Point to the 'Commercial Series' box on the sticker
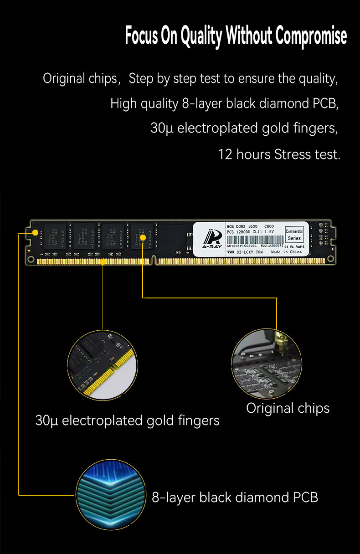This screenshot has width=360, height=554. click(294, 235)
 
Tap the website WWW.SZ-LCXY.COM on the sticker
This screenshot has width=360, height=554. click(245, 252)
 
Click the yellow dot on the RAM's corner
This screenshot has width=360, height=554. click(35, 233)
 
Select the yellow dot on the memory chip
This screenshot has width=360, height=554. click(143, 237)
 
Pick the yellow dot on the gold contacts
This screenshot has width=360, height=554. click(103, 262)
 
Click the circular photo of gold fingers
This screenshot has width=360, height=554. click(102, 364)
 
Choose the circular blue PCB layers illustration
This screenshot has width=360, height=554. click(111, 494)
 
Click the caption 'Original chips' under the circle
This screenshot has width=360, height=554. click(288, 408)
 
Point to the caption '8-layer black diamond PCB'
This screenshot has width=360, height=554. click(235, 497)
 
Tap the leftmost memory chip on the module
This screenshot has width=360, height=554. click(56, 236)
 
